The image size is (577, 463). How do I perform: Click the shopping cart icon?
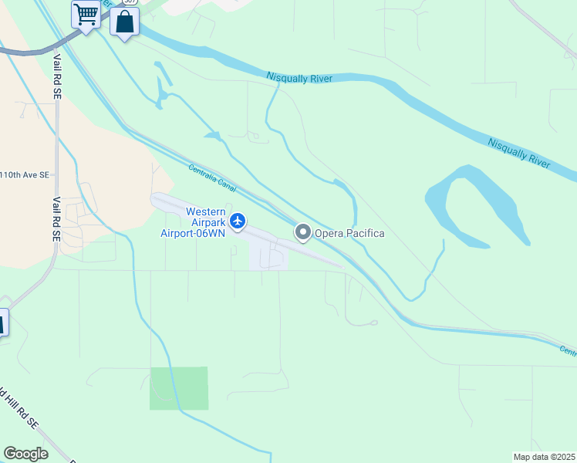[86, 13]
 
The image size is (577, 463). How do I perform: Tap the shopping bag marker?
[124, 22]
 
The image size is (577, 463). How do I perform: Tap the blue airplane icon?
[238, 221]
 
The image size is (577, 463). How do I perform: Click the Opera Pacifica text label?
[348, 233]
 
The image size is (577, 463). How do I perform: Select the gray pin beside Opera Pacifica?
[302, 232]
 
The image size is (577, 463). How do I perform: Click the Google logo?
[25, 454]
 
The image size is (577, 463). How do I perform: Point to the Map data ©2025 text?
[545, 457]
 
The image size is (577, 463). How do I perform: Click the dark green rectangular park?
[179, 388]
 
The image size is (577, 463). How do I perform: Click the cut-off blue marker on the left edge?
[2, 322]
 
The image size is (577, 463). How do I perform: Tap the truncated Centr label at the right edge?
[568, 351]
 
